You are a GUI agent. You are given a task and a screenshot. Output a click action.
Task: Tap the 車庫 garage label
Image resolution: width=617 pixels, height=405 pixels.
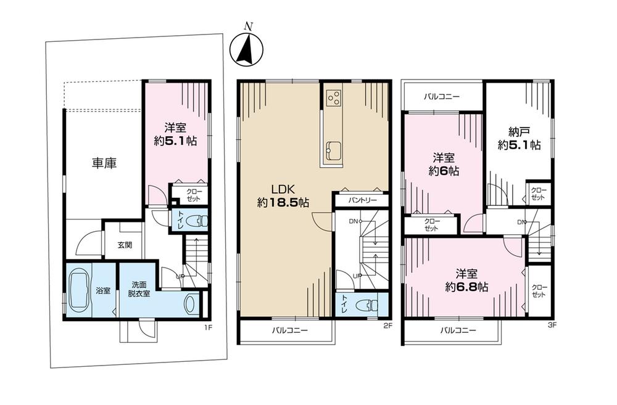[104, 163]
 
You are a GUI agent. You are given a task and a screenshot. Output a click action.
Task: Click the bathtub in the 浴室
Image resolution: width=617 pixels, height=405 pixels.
[80, 290]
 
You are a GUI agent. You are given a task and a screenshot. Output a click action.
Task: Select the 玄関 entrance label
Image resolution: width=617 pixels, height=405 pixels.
[125, 245]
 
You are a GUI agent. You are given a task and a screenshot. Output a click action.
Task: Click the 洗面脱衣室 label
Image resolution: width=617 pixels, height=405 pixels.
[139, 290]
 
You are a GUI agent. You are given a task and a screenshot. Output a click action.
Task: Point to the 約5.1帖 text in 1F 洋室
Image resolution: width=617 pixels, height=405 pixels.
[176, 141]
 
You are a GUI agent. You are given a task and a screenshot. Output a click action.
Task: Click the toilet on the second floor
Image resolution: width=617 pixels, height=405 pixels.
[368, 305]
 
